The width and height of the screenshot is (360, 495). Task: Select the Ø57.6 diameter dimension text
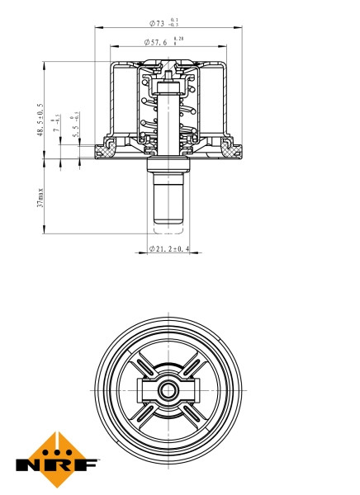(157, 41)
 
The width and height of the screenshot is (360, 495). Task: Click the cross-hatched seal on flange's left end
(105, 150)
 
